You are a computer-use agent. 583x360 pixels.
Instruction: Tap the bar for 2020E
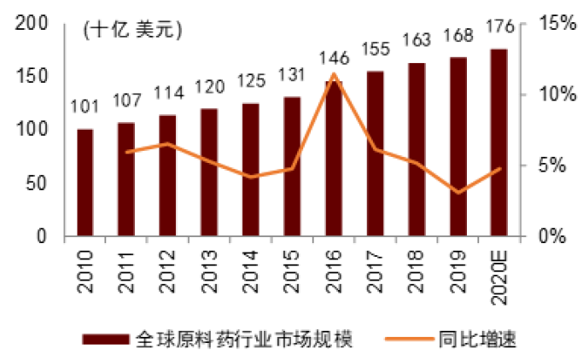pyautogui.click(x=498, y=142)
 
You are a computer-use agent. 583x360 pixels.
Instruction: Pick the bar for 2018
pyautogui.click(x=416, y=148)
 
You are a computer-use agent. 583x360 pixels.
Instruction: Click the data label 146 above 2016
pyautogui.click(x=333, y=58)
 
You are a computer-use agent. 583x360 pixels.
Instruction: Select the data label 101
pyautogui.click(x=85, y=107)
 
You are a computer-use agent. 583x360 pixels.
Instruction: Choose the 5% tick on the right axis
pyautogui.click(x=548, y=165)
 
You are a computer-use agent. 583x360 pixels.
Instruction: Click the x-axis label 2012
pyautogui.click(x=168, y=264)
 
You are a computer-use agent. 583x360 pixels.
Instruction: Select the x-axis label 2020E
pyautogui.click(x=499, y=270)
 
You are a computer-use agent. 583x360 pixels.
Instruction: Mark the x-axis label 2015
pyautogui.click(x=292, y=264)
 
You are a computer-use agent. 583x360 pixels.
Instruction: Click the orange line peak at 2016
pyautogui.click(x=333, y=74)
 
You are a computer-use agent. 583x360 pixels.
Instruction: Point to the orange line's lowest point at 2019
pyautogui.click(x=458, y=192)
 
